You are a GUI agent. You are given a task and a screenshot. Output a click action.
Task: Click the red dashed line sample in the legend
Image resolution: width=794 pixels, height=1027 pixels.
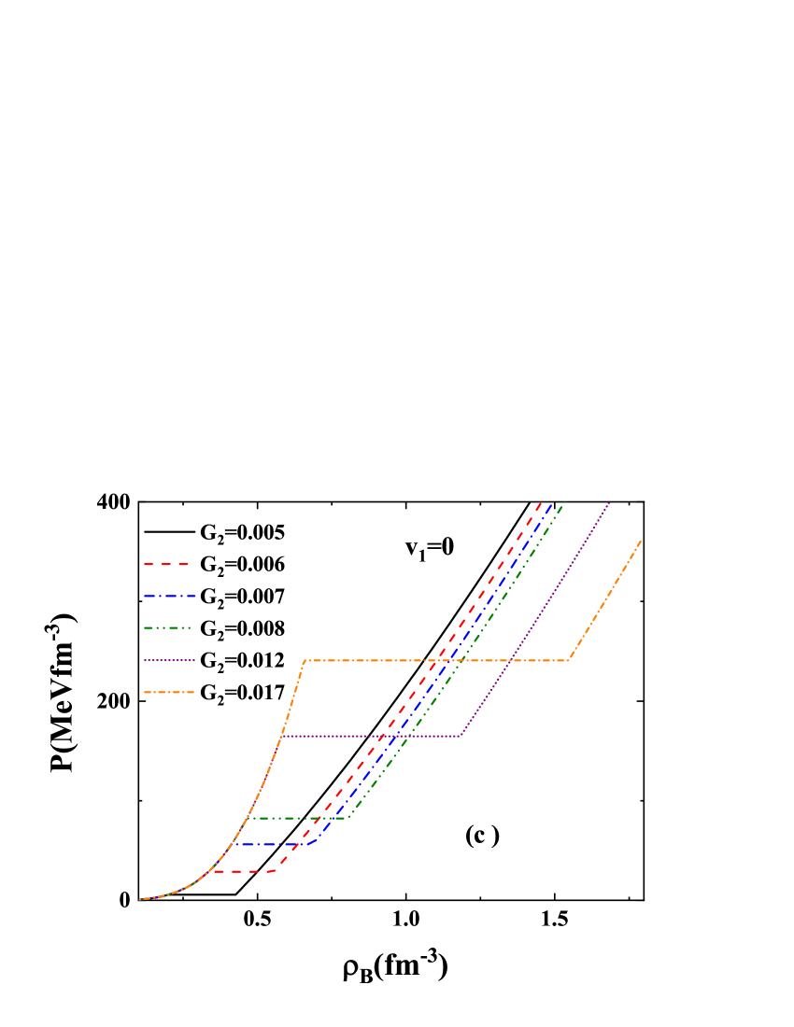(x=167, y=565)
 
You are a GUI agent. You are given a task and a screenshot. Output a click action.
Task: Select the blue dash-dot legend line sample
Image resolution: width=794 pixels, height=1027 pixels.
(x=169, y=596)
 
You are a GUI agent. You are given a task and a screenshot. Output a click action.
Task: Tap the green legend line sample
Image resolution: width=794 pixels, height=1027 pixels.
(x=168, y=628)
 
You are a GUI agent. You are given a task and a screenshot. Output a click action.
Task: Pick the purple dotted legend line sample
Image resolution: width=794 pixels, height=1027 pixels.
(x=169, y=660)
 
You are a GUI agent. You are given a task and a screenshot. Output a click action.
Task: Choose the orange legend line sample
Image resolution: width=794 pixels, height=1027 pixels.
(x=169, y=692)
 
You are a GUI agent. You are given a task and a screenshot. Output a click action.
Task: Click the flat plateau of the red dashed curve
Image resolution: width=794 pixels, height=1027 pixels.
(x=242, y=871)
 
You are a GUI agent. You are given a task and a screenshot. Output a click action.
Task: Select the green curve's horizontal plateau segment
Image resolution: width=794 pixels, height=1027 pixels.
(x=297, y=818)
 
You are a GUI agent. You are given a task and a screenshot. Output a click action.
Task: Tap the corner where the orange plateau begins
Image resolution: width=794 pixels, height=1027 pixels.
(x=305, y=661)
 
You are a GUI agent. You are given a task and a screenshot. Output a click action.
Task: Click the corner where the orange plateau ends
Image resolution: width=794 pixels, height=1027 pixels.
(x=568, y=661)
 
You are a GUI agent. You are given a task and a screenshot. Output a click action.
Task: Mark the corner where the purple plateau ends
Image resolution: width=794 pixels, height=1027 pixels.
(x=461, y=736)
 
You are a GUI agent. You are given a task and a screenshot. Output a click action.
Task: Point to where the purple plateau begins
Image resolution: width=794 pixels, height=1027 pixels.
(x=281, y=736)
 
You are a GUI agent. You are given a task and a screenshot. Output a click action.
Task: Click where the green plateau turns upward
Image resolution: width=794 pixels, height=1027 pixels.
(x=347, y=818)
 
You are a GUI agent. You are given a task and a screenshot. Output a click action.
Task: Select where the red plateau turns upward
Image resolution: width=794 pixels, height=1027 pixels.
(x=274, y=871)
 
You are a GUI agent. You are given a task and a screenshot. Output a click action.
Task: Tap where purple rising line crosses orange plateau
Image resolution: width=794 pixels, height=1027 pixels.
(x=512, y=661)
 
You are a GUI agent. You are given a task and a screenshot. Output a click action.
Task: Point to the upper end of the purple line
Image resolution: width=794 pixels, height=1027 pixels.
(x=609, y=503)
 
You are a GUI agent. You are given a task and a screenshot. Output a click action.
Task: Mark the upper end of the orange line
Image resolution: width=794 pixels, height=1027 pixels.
(x=641, y=541)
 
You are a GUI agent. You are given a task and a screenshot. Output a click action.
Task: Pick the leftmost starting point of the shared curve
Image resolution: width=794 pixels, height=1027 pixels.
(x=140, y=899)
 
